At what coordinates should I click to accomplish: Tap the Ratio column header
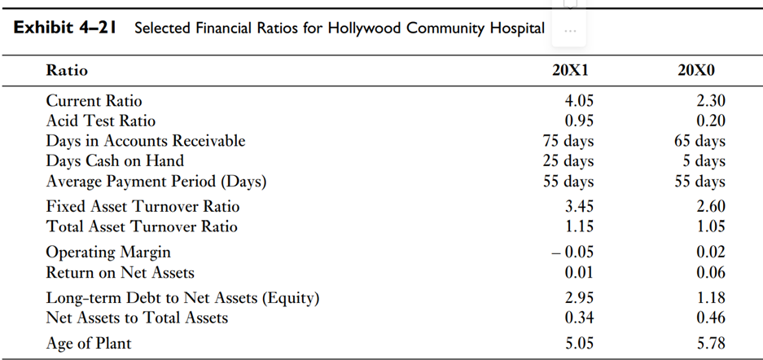67,71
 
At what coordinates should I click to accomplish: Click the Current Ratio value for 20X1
579,101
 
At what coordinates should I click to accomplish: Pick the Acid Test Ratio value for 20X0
710,121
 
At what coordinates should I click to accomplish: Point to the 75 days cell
568,141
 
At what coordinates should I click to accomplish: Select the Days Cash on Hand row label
115,160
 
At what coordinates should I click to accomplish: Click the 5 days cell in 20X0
704,160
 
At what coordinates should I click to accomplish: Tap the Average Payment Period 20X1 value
568,181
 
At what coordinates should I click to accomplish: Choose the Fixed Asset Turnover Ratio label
143,207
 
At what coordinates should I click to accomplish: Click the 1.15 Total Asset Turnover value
579,226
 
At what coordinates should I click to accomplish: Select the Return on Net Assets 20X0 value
710,272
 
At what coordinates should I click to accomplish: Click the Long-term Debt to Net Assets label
182,298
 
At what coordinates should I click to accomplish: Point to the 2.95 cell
579,298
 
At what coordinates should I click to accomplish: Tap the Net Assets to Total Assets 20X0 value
710,318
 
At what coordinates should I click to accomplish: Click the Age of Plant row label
89,343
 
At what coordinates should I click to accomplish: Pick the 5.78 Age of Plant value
710,343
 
